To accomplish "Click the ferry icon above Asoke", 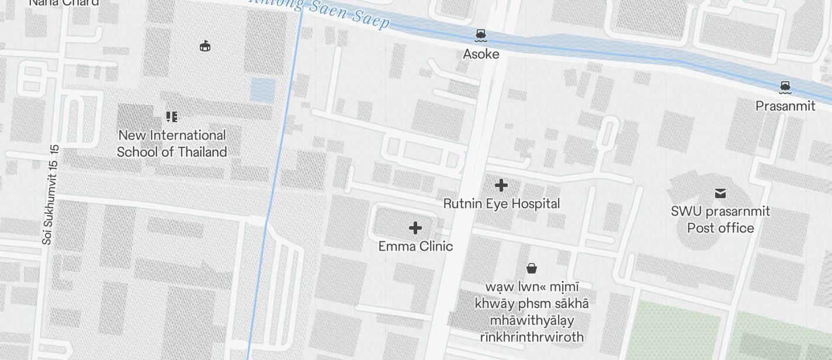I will pos(480,36).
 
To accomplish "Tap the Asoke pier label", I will pos(481,54).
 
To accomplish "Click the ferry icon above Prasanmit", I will pos(785,88).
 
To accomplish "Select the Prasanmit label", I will pos(785,106).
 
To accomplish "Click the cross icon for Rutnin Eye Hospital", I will pos(501,186).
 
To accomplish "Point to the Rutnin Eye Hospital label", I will pos(501,203).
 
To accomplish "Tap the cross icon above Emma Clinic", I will pos(415,227).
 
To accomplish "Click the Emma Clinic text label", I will pos(415,246).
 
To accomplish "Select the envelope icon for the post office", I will pos(720,193).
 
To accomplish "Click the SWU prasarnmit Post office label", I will pos(720,220).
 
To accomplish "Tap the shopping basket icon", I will pos(531,268).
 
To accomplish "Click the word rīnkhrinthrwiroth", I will pos(531,337).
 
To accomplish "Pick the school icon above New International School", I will pos(171,117).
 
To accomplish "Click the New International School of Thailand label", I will pos(172,144).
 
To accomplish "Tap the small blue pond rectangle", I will pos(262,89).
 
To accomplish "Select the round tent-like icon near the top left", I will pos(204,46).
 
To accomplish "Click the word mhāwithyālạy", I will pos(531,320).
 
